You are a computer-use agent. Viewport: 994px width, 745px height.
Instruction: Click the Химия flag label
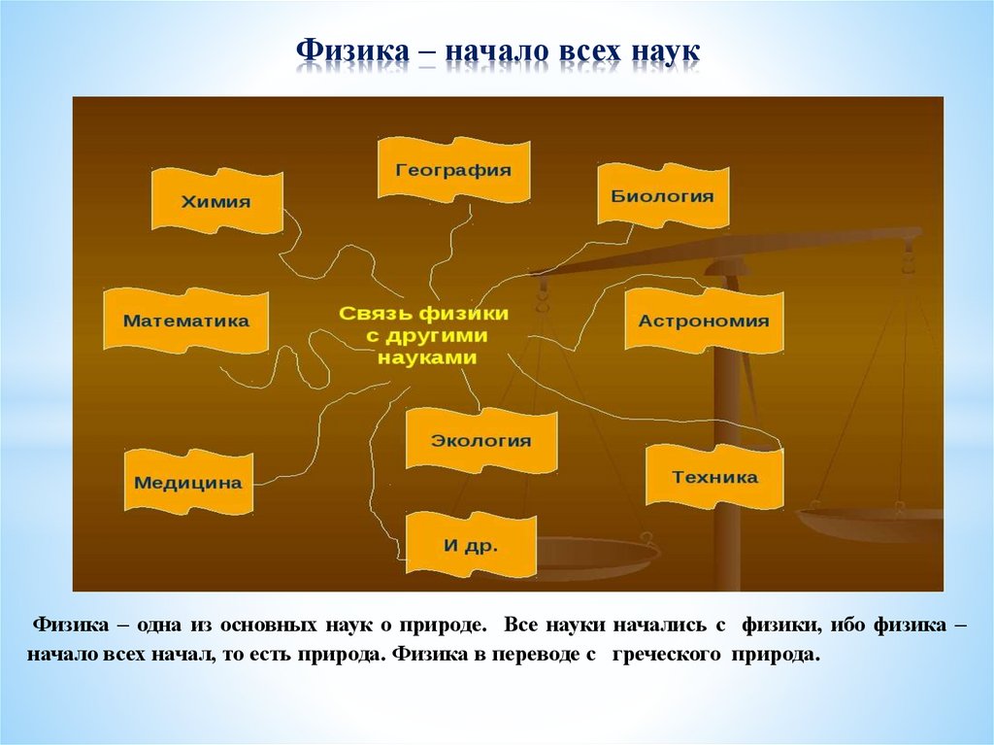click(x=215, y=202)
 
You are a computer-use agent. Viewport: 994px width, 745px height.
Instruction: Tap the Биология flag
click(x=662, y=196)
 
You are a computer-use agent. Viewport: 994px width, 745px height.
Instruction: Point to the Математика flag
click(x=186, y=321)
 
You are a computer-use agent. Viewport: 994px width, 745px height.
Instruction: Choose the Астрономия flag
click(x=704, y=322)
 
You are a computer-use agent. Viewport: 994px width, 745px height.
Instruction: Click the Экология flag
click(x=481, y=440)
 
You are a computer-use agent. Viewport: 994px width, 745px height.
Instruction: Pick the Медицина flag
click(x=188, y=482)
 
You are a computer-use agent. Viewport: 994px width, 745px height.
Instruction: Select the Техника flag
click(x=714, y=477)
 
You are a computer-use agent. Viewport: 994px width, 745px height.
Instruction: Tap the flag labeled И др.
click(x=471, y=545)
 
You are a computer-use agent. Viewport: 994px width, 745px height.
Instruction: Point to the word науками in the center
click(x=427, y=357)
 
